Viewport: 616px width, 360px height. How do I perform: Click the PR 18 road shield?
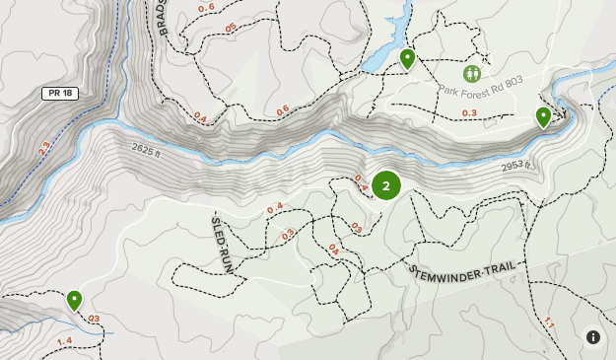(60, 93)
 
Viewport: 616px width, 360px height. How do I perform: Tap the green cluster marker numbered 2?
(386, 185)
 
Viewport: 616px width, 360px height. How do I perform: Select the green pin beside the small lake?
(407, 59)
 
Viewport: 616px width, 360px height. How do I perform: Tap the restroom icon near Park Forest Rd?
(471, 73)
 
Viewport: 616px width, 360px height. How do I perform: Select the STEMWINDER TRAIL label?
(463, 268)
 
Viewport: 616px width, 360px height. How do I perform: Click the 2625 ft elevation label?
(146, 149)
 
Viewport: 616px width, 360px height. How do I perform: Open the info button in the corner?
(593, 336)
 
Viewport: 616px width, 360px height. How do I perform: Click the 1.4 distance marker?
(64, 341)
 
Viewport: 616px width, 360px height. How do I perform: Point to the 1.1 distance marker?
(549, 323)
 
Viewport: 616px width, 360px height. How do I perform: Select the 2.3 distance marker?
(43, 151)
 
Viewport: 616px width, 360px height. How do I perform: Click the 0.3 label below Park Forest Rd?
(469, 113)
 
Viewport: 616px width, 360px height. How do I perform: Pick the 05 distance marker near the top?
(231, 28)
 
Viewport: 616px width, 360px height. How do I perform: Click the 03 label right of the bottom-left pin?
(94, 319)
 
